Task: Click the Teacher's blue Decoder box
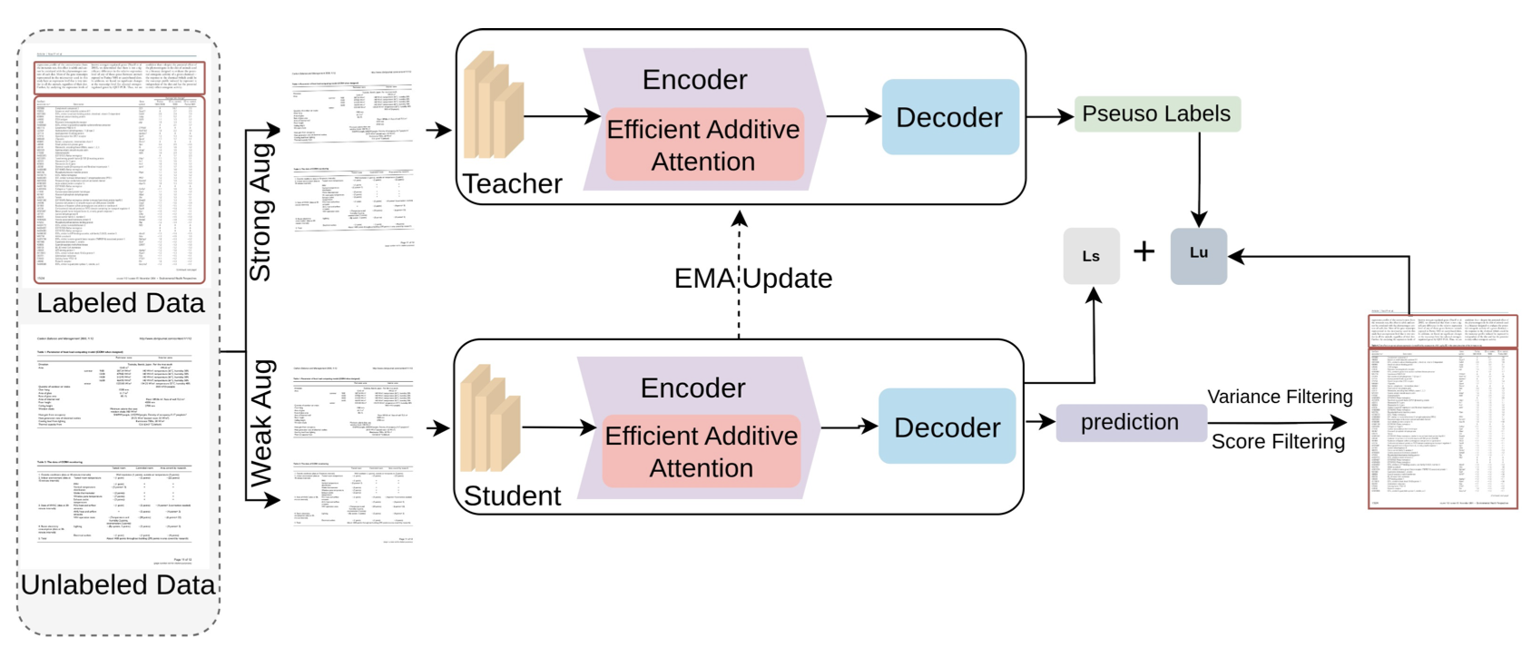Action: (949, 117)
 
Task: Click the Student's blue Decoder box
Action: (947, 427)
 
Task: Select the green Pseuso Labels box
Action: (1156, 114)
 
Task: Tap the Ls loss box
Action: (1091, 256)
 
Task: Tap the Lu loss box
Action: (1198, 254)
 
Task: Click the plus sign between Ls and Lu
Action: (1144, 251)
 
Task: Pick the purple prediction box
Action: (1130, 423)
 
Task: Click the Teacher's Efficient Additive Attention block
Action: (703, 145)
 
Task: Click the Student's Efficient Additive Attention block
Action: (702, 451)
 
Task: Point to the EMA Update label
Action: (753, 278)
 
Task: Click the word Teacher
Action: (513, 183)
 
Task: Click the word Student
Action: (513, 496)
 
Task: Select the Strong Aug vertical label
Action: (260, 211)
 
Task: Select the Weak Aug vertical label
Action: (260, 423)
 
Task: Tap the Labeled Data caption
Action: (121, 302)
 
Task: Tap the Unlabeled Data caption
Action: (118, 584)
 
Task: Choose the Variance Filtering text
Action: (1280, 397)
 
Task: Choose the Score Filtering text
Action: (1278, 441)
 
